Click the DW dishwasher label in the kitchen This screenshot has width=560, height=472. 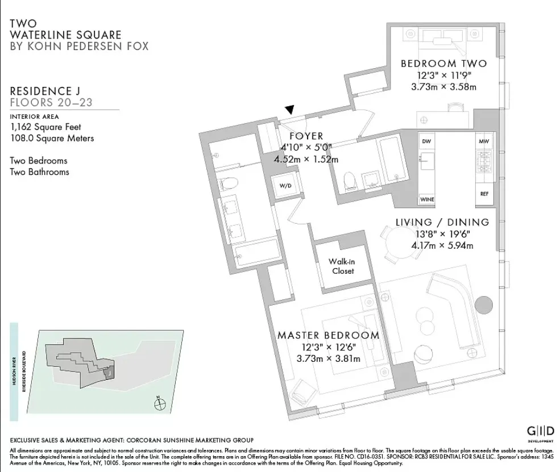[x=426, y=141]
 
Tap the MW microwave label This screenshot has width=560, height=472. [x=484, y=141]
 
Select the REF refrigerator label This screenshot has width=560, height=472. [x=484, y=194]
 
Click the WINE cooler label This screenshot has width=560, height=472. [x=427, y=199]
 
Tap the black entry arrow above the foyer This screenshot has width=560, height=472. [x=290, y=110]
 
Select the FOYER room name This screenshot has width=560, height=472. [x=306, y=136]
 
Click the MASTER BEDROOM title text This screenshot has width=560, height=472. [x=328, y=335]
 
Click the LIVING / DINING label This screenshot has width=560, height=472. [x=442, y=222]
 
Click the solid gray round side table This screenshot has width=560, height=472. [x=484, y=304]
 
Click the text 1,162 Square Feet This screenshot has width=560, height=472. [x=45, y=127]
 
